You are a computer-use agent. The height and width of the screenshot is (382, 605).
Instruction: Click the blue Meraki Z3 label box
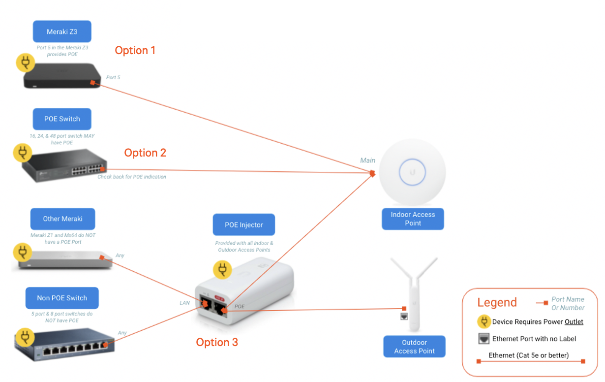(x=62, y=32)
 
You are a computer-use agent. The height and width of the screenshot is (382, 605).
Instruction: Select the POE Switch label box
(x=62, y=119)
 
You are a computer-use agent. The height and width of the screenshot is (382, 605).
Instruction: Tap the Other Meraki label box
(x=62, y=219)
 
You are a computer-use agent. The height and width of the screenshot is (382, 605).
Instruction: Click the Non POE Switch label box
(x=62, y=298)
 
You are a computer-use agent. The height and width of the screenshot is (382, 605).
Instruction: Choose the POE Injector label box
(x=243, y=224)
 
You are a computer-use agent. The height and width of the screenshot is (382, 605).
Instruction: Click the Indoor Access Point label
(x=413, y=219)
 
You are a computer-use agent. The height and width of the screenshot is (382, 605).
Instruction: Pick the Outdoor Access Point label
(x=414, y=347)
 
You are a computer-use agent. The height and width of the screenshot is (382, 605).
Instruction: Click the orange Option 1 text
(x=135, y=50)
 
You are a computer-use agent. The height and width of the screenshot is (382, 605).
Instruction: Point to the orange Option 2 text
(x=145, y=153)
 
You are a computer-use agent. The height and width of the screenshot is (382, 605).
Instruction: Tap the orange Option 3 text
(x=217, y=342)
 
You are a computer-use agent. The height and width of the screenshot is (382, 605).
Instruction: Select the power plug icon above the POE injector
(x=222, y=269)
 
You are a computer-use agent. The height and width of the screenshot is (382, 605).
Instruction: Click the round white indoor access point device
(x=412, y=172)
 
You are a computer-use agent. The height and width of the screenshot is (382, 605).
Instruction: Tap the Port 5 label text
(x=113, y=77)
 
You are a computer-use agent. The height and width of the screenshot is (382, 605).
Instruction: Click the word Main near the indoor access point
(x=367, y=160)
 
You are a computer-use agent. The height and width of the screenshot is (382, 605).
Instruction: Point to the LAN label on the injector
(x=184, y=303)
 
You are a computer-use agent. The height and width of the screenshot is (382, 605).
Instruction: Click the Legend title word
(x=497, y=302)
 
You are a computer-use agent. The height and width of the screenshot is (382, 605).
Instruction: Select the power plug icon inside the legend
(x=484, y=322)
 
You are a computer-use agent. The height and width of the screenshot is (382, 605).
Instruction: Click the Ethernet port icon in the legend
(x=484, y=339)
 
